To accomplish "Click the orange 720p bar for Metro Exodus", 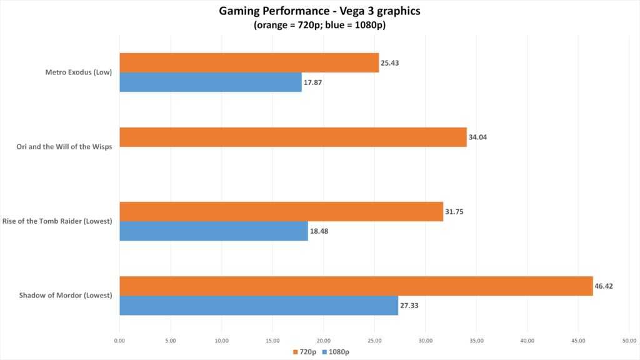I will (x=249, y=62).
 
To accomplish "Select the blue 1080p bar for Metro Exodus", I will (x=211, y=82).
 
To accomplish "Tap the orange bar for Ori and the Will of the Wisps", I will (x=293, y=137).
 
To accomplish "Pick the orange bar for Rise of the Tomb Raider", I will (x=281, y=211).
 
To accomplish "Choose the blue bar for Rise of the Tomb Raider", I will (x=214, y=231).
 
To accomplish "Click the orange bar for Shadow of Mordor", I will (x=356, y=286).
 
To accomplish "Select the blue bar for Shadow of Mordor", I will (x=259, y=305).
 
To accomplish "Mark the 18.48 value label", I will (x=319, y=231).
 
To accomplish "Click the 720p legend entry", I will (x=307, y=352).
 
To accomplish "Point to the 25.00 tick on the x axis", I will (x=374, y=341).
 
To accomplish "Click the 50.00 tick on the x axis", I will (x=628, y=341).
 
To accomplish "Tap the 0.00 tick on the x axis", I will (x=119, y=341).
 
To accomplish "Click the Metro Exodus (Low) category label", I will (x=78, y=72).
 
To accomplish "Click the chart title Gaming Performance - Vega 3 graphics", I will (x=320, y=11).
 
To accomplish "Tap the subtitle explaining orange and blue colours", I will (x=320, y=26).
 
